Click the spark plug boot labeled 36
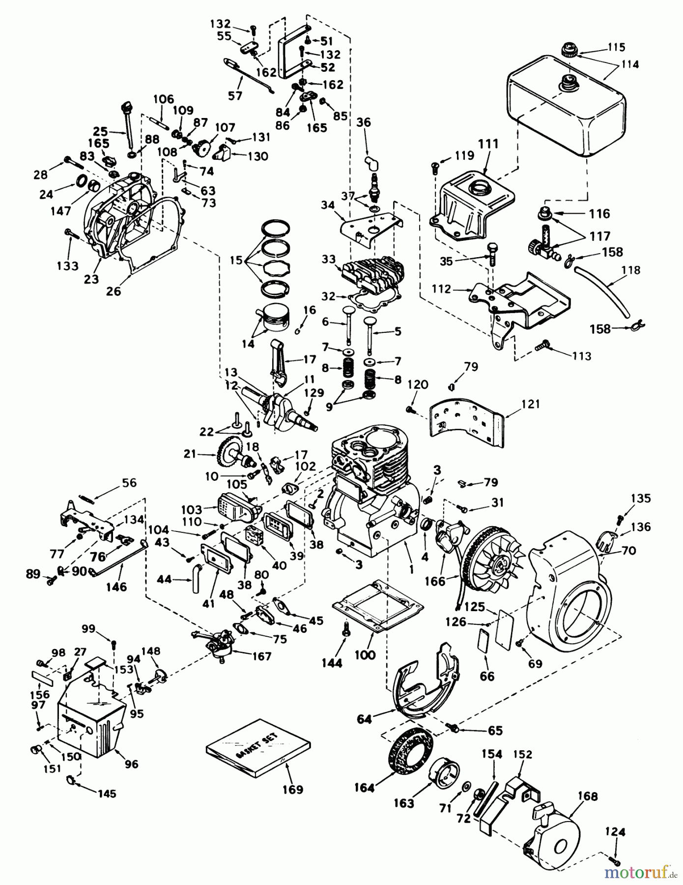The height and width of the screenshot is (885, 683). click(x=370, y=162)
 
